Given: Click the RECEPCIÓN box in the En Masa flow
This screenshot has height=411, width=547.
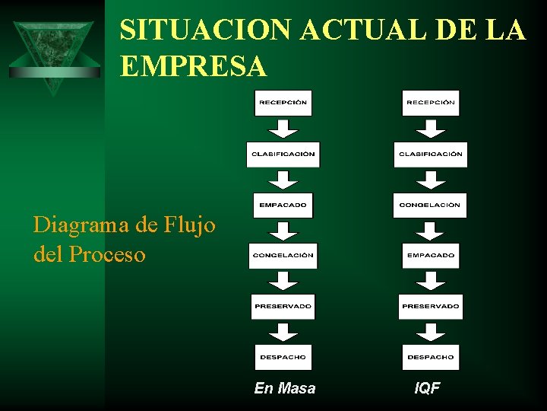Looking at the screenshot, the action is [283, 103].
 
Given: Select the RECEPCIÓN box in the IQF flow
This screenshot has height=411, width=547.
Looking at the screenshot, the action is [431, 103].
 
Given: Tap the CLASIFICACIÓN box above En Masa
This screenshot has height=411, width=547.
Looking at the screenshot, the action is [283, 154].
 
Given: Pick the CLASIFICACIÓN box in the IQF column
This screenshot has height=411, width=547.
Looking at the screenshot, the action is [431, 154].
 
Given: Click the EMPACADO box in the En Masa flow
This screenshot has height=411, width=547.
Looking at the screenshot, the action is [283, 205].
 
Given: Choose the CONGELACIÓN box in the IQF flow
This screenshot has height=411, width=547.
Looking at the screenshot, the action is [431, 205].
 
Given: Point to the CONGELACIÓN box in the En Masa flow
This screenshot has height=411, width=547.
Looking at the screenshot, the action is [283, 256].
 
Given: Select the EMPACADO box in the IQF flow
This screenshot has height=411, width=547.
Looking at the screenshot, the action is [431, 256].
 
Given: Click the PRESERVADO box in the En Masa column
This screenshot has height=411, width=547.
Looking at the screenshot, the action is [283, 306].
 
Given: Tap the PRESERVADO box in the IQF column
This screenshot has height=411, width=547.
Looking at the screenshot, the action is [431, 306].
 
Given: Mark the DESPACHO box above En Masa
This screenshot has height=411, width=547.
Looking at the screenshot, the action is [283, 357].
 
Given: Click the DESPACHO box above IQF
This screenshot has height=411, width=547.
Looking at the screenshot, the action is [431, 357].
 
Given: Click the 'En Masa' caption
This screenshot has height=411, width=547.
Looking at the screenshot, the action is [285, 388].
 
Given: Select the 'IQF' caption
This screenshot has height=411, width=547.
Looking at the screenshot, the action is [427, 388].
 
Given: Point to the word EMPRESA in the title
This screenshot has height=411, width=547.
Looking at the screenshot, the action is [194, 67].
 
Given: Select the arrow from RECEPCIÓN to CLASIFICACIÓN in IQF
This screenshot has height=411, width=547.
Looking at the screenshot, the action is [432, 129].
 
